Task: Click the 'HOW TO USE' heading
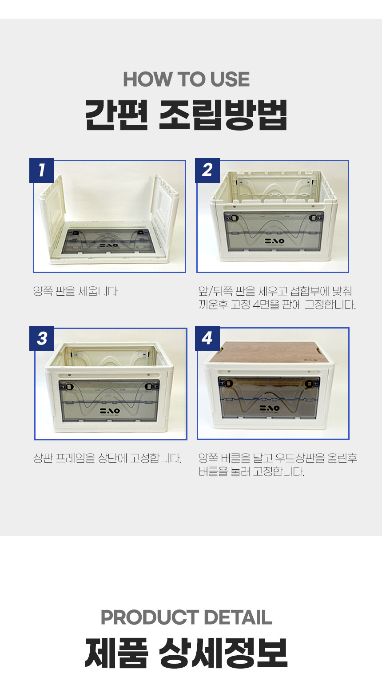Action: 186,79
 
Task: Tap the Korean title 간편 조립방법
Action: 186,115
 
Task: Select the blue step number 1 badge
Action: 42,170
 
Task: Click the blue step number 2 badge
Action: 207,170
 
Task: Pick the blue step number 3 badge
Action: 42,338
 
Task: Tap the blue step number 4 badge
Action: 207,338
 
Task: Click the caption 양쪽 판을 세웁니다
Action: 76,291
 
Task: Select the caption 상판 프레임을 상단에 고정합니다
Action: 107,458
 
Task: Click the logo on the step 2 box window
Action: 274,241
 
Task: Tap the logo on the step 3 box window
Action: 110,411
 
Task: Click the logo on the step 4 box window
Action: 270,408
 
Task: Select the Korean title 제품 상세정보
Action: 186,653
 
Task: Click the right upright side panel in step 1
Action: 166,212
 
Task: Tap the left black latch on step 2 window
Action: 235,218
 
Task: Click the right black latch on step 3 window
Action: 150,387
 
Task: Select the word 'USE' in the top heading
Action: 230,79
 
